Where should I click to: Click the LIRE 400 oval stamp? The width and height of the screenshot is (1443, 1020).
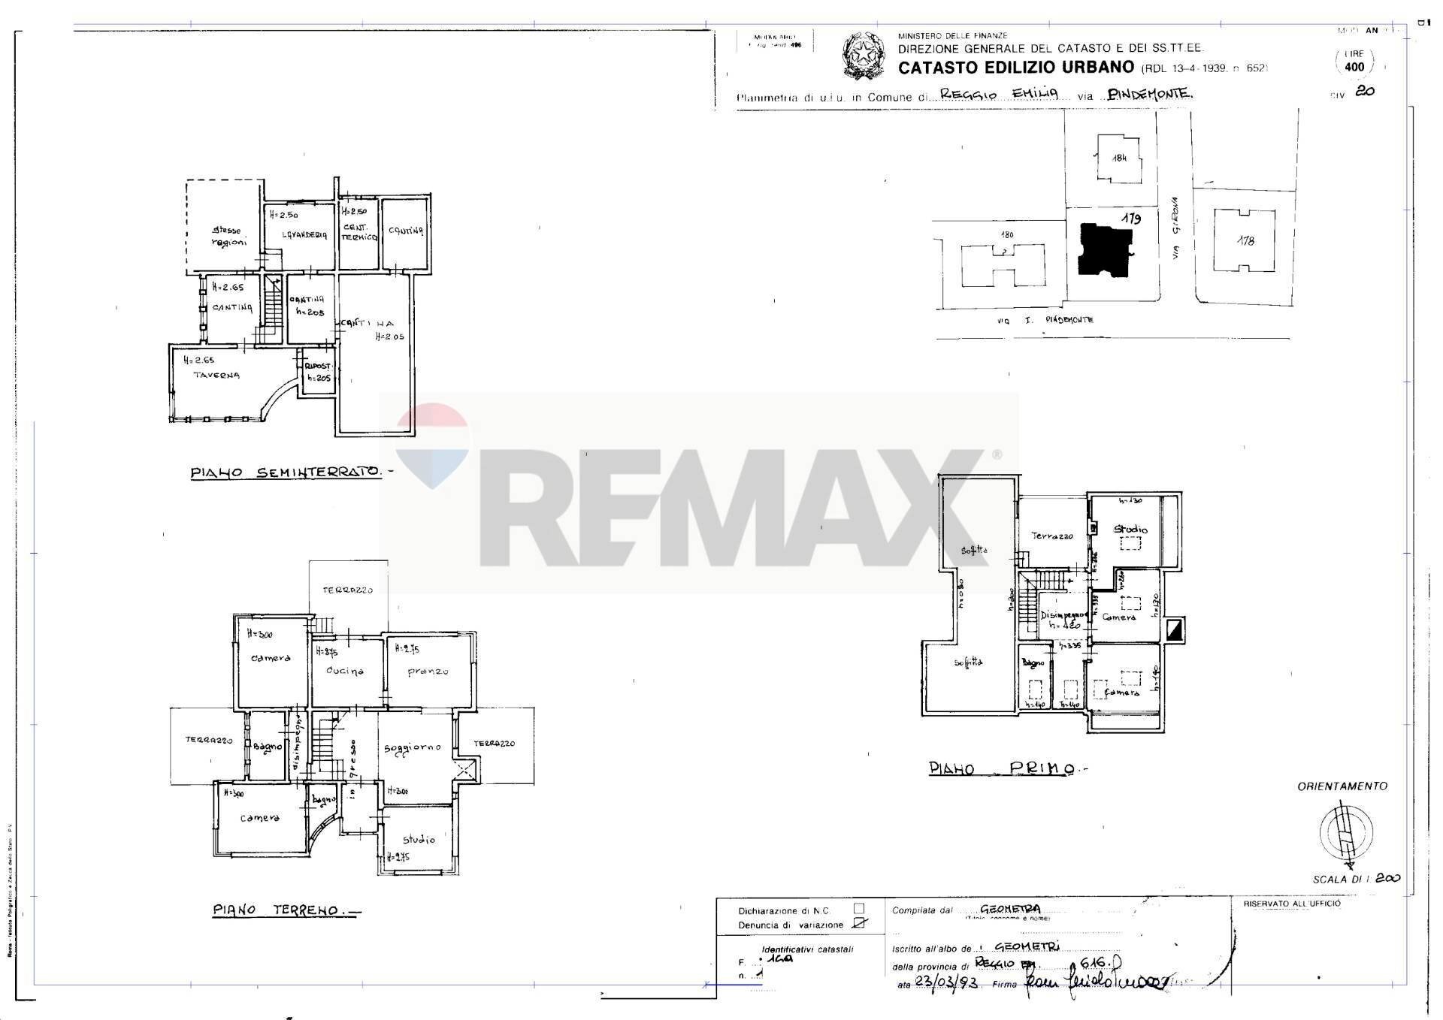pos(1354,62)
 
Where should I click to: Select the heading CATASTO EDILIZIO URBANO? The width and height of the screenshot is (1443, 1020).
pos(1016,68)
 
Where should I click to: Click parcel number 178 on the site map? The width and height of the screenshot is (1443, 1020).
pos(1245,241)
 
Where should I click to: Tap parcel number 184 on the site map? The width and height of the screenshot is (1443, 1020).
pos(1120,158)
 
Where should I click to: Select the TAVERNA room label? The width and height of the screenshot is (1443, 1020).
pos(216,375)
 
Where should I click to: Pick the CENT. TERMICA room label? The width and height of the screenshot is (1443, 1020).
pos(358,232)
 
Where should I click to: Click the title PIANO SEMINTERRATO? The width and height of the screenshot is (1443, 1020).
pos(286,472)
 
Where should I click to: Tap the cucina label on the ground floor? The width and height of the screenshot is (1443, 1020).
pos(345,671)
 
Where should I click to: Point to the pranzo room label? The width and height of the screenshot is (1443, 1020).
pos(428,671)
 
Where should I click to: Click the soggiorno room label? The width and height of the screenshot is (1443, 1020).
pos(412,748)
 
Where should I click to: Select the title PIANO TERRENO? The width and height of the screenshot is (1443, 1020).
pos(276,910)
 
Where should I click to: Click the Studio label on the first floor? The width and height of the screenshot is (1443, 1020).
pos(1130,530)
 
